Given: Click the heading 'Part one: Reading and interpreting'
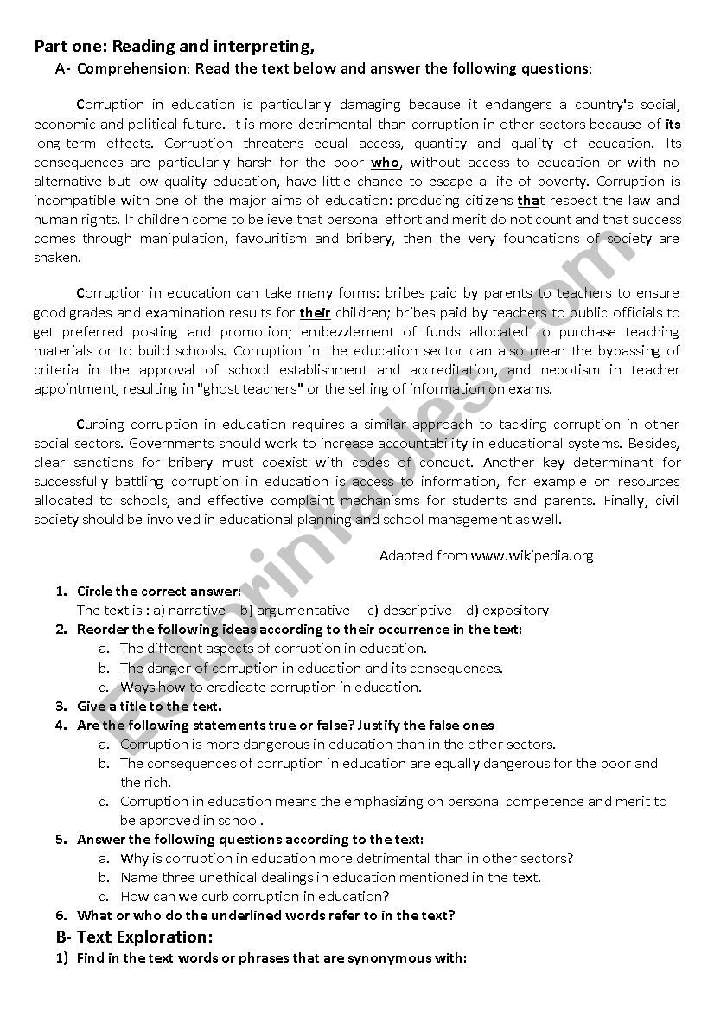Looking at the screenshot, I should pyautogui.click(x=174, y=47).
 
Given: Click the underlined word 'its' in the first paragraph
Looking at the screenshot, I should pyautogui.click(x=673, y=124).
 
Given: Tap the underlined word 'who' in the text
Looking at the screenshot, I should pyautogui.click(x=385, y=162).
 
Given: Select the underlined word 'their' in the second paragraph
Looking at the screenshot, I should pyautogui.click(x=315, y=312).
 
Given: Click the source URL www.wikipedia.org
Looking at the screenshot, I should pyautogui.click(x=532, y=556).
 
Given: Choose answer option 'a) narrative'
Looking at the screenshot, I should pyautogui.click(x=189, y=610).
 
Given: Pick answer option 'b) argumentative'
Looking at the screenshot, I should pyautogui.click(x=296, y=610).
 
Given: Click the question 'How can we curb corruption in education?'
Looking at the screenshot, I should pyautogui.click(x=255, y=896).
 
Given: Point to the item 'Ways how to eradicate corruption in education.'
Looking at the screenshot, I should pyautogui.click(x=271, y=687).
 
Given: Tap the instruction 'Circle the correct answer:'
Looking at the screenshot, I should pyautogui.click(x=159, y=592).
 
